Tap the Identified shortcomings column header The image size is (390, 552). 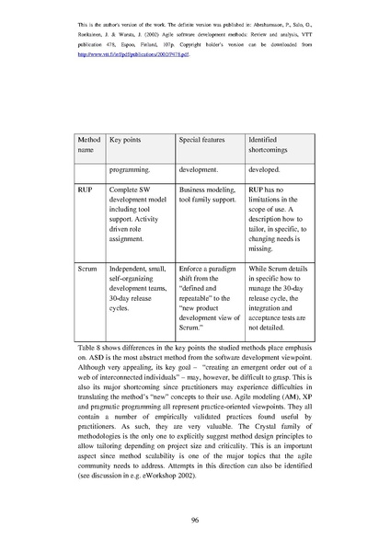270,144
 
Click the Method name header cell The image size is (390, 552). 86,144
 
